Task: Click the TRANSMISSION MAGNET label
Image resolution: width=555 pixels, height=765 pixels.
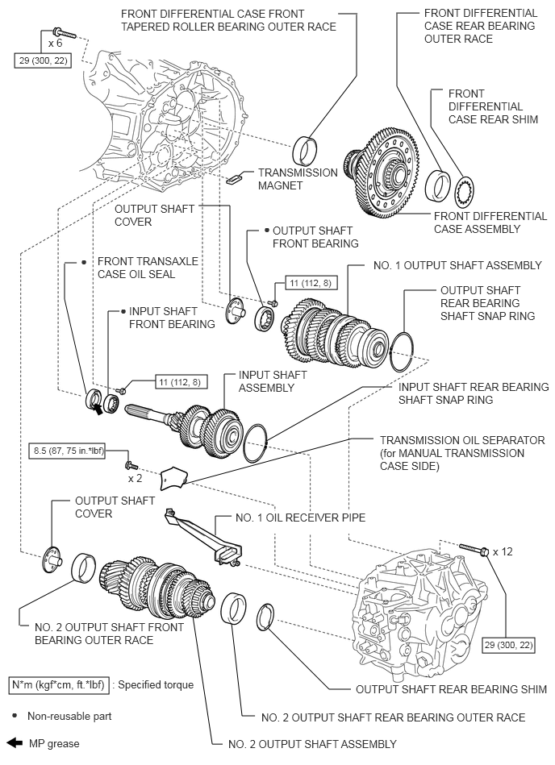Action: click(297, 179)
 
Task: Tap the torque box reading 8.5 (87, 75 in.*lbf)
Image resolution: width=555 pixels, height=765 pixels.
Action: click(69, 453)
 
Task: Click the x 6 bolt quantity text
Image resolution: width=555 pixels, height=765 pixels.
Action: click(54, 43)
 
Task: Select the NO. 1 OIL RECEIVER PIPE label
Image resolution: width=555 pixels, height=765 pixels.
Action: click(300, 518)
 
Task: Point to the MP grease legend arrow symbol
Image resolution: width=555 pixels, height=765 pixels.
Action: click(15, 743)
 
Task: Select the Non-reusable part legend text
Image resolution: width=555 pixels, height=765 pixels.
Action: click(69, 714)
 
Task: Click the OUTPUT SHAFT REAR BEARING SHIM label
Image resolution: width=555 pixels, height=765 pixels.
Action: click(451, 689)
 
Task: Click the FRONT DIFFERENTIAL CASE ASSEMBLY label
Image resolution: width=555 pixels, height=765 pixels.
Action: click(490, 222)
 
